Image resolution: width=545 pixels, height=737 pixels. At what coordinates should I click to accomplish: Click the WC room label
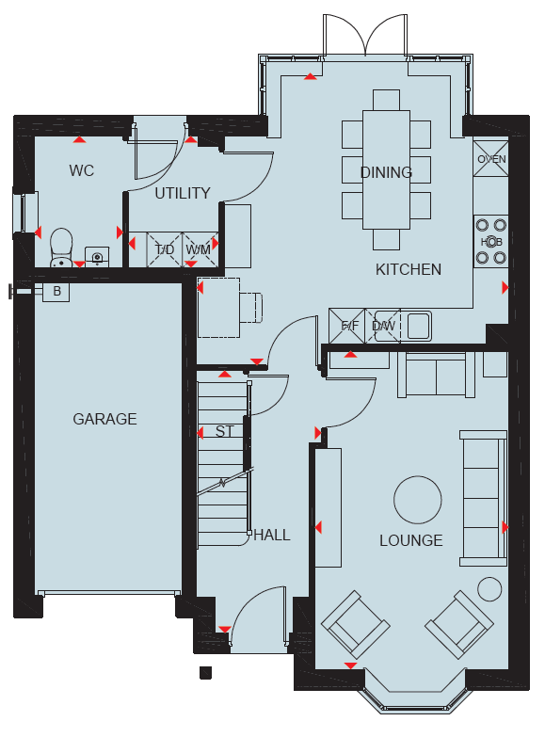[81, 170]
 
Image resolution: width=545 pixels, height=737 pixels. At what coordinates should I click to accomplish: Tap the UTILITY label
[183, 193]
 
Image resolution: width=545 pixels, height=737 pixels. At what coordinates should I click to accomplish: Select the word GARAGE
[104, 419]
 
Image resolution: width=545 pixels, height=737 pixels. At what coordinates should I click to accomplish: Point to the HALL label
[272, 535]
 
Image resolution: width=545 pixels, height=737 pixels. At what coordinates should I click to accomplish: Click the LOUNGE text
[411, 540]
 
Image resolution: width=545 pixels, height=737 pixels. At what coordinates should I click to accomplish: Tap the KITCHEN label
[409, 269]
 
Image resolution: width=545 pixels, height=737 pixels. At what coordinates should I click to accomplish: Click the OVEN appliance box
[491, 159]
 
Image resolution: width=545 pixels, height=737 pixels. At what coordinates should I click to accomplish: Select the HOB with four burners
[491, 242]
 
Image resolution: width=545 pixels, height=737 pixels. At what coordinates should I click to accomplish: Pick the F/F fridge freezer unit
[347, 326]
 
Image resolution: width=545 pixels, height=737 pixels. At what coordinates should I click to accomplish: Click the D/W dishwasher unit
[383, 326]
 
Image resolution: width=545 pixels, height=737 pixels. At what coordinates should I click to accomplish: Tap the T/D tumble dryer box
[164, 249]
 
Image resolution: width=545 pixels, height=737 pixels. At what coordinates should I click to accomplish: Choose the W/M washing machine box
[200, 249]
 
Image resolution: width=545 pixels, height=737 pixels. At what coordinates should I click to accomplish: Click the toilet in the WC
[61, 248]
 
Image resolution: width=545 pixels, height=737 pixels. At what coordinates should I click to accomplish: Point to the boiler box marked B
[56, 292]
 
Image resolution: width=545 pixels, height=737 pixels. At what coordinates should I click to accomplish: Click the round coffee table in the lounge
[418, 500]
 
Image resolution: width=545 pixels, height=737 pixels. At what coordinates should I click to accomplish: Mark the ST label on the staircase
[224, 431]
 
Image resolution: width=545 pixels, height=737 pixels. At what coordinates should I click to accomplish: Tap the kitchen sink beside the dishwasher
[419, 326]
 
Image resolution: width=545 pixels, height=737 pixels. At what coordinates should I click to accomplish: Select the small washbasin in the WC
[97, 257]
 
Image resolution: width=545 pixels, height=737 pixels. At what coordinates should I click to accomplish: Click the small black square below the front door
[205, 673]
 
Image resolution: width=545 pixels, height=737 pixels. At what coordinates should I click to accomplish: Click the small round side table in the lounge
[489, 589]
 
